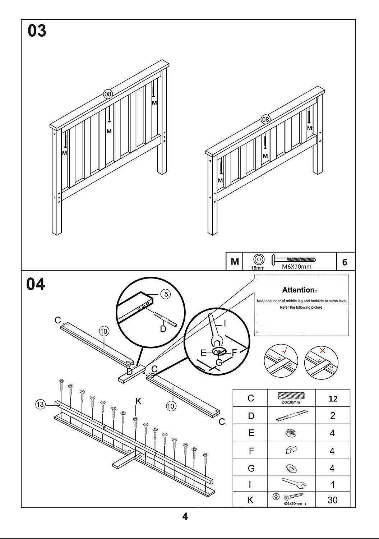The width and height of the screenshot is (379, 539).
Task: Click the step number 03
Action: click(x=37, y=31)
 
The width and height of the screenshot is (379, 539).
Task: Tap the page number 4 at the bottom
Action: click(x=185, y=517)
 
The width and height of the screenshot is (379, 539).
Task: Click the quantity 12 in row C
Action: click(x=333, y=399)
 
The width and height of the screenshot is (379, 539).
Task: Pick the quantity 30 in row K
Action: click(x=332, y=500)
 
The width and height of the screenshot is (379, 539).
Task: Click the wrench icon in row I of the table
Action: click(x=294, y=483)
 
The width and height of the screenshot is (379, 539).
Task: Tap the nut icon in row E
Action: click(x=291, y=433)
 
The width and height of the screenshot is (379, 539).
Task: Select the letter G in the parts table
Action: click(x=251, y=468)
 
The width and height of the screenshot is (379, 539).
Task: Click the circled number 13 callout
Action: click(x=40, y=405)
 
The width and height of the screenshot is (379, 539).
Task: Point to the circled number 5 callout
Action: click(x=166, y=294)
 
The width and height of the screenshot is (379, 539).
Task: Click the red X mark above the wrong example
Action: click(x=323, y=350)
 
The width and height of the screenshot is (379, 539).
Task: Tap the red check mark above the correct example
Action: click(x=285, y=350)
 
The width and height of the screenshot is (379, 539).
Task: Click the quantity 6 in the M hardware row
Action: click(x=345, y=262)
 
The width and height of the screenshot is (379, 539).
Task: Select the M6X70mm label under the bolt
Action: click(x=296, y=267)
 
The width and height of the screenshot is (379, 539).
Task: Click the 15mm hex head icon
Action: click(x=258, y=259)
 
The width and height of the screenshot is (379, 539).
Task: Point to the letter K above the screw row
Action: click(x=138, y=401)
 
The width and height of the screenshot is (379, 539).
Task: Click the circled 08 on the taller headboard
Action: click(x=108, y=94)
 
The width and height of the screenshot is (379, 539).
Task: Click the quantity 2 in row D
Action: click(x=332, y=415)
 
